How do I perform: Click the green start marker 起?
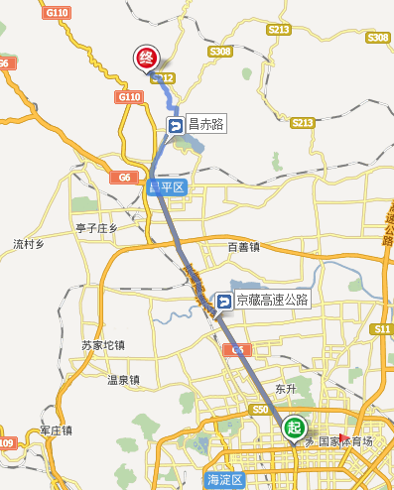(x=294, y=428)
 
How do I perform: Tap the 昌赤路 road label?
(x=206, y=125)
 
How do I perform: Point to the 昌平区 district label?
(x=167, y=186)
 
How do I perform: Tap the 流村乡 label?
(x=30, y=243)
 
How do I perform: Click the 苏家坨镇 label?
(x=103, y=345)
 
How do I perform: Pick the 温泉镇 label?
(x=123, y=379)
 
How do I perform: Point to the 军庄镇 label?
(x=58, y=429)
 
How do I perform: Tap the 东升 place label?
(x=286, y=388)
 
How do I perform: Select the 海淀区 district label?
(x=224, y=479)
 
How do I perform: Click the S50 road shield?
(x=261, y=410)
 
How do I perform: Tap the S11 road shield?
(x=383, y=328)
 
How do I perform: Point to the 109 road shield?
(x=7, y=442)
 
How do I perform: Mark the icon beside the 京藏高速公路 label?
(x=224, y=301)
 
